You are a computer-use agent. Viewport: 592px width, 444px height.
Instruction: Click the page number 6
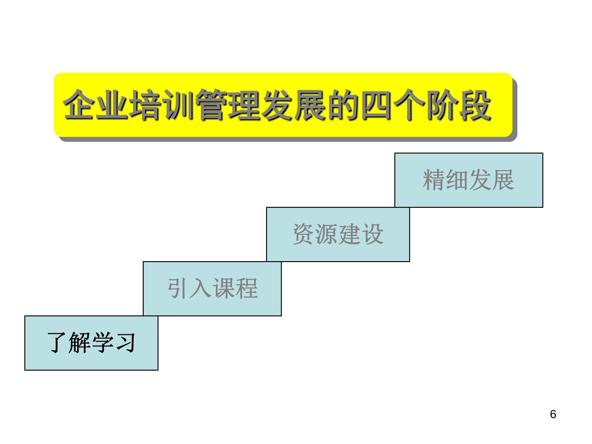tap(553, 414)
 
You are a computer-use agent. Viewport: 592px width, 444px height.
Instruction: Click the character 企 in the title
tap(79, 105)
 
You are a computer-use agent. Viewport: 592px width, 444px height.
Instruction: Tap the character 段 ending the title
tap(475, 105)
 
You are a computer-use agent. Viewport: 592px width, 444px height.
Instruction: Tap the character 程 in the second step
tap(246, 288)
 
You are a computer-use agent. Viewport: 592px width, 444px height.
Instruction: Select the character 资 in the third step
tap(304, 234)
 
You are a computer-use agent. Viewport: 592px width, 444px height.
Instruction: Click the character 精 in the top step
tap(434, 180)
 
